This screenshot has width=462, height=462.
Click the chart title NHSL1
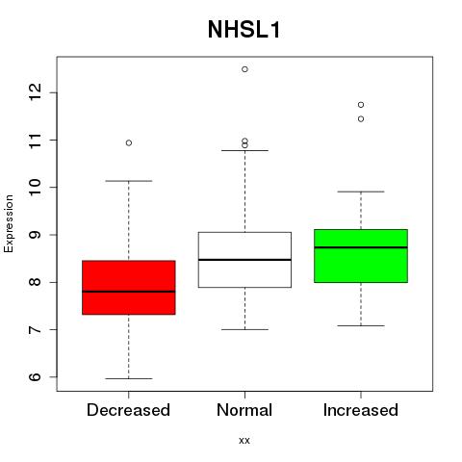(x=244, y=30)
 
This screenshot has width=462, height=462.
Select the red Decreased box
(x=129, y=288)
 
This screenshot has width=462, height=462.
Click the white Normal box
(x=244, y=260)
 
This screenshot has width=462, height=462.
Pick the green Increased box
(x=361, y=256)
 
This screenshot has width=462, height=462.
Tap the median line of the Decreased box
(x=129, y=292)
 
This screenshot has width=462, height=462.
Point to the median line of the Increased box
(x=361, y=247)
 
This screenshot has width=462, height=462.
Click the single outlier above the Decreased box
(x=129, y=142)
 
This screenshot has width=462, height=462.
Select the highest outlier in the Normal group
(x=244, y=69)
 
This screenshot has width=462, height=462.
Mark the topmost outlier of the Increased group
(x=361, y=105)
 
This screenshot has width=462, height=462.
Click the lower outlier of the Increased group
(x=361, y=119)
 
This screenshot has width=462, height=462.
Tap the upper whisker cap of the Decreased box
(x=129, y=181)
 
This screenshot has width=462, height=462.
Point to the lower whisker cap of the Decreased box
(x=129, y=378)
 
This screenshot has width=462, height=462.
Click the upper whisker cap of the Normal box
(x=244, y=150)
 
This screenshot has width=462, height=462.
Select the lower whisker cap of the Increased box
(x=361, y=325)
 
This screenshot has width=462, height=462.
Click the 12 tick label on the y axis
(x=35, y=92)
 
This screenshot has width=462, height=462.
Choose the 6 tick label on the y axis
(x=35, y=376)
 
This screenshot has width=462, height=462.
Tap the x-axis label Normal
(x=244, y=410)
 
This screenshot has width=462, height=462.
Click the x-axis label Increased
(x=361, y=410)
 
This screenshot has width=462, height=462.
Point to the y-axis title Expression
(x=9, y=223)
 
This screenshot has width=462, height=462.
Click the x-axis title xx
(x=244, y=441)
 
